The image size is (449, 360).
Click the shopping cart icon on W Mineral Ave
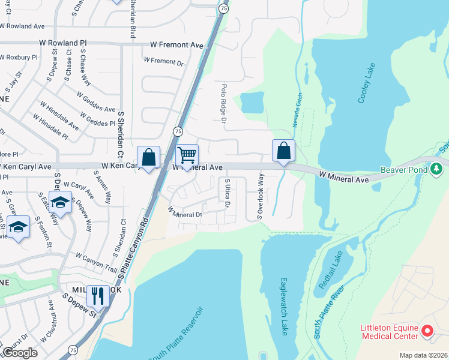pyautogui.click(x=187, y=155)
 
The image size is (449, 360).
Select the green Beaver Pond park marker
pyautogui.click(x=438, y=170)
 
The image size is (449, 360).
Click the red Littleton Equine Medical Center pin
pyautogui.click(x=427, y=331)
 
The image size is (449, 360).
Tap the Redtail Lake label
pyautogui.click(x=330, y=270)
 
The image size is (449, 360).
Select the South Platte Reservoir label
pyautogui.click(x=177, y=335)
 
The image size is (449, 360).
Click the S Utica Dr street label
pyautogui.click(x=228, y=194)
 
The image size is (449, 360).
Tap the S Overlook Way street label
pyautogui.click(x=260, y=196)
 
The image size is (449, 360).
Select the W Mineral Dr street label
pyautogui.click(x=185, y=212)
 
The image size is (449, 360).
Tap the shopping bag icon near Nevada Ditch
pyautogui.click(x=283, y=151)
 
